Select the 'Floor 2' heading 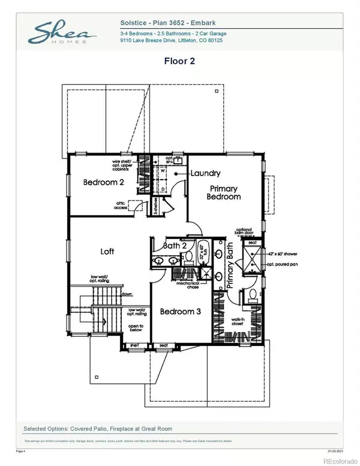[x=179, y=61]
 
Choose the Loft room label [x=107, y=251]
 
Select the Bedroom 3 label [x=179, y=311]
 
